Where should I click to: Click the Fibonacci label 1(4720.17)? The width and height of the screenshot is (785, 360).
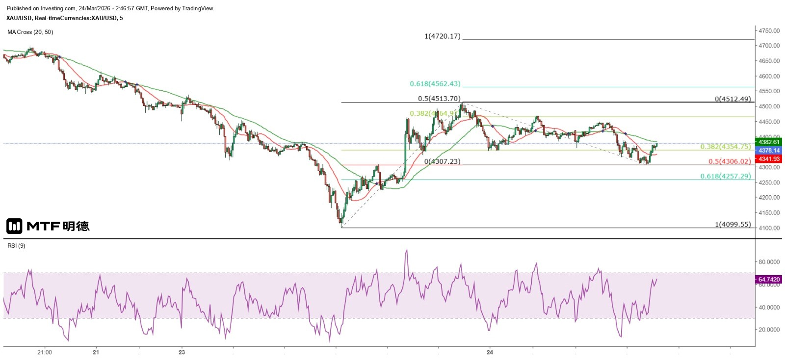(x=443, y=36)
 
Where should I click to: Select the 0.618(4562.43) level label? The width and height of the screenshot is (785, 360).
(x=435, y=84)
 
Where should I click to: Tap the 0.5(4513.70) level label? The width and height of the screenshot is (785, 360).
(x=439, y=99)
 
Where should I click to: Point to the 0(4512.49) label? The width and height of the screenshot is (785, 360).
(x=733, y=99)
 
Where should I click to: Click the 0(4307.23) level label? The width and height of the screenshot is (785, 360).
(x=443, y=161)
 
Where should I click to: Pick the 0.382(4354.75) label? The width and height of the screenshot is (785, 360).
(x=725, y=147)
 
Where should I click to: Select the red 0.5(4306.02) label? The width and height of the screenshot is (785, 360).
(x=730, y=161)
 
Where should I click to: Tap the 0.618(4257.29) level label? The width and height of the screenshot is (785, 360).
(x=725, y=176)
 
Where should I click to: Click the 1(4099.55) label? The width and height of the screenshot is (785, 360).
(x=733, y=225)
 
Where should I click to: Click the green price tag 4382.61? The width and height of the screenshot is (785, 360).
(x=769, y=142)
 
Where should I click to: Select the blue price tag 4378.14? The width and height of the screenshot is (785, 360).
(x=769, y=151)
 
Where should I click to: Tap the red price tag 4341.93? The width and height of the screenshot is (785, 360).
(x=769, y=159)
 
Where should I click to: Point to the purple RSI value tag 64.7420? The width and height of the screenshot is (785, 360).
(x=769, y=280)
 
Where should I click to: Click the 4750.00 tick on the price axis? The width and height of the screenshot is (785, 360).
(x=769, y=31)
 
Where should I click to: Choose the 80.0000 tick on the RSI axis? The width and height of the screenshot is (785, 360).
(x=769, y=262)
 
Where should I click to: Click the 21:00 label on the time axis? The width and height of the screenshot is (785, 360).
(x=45, y=352)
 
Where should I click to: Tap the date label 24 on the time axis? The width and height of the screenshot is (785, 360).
(x=490, y=352)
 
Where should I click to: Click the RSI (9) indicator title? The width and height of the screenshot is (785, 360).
(x=16, y=246)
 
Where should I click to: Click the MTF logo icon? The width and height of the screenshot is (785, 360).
(x=14, y=226)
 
